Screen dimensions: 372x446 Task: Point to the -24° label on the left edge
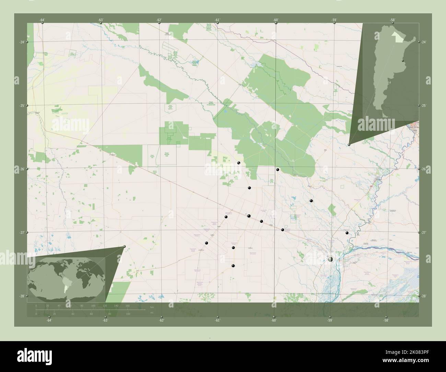tap(22, 42)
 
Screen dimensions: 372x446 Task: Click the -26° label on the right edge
tap(424, 169)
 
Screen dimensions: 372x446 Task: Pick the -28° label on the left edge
tap(22, 296)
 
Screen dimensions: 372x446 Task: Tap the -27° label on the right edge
tap(424, 233)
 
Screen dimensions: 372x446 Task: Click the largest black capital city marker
tap(330, 260)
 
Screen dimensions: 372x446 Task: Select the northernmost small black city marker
tap(238, 163)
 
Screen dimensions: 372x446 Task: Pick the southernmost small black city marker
tap(233, 266)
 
